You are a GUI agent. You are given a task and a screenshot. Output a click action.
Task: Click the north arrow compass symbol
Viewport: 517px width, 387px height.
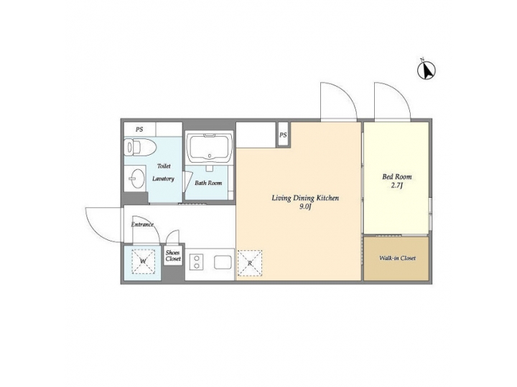tap(427, 70)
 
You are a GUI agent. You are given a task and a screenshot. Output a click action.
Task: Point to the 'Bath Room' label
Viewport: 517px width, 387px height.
tap(208, 183)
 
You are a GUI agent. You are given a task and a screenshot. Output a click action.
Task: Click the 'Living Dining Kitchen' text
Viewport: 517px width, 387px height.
tap(304, 198)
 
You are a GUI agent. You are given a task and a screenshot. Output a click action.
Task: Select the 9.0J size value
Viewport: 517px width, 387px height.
tap(305, 207)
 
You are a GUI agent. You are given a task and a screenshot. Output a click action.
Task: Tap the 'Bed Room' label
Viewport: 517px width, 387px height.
tap(397, 176)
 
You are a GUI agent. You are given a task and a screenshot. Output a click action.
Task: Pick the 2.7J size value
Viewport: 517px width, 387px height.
tap(397, 186)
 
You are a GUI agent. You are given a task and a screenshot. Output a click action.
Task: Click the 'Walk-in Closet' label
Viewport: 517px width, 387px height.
tap(397, 258)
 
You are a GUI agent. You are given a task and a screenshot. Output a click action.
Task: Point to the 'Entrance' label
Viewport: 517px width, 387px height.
tap(142, 224)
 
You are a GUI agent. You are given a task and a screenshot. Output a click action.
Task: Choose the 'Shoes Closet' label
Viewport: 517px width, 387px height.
tap(173, 255)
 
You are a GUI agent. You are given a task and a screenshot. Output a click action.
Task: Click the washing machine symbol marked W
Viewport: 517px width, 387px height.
tap(143, 262)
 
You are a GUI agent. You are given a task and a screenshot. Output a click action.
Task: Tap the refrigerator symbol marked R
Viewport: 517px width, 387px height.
tap(250, 262)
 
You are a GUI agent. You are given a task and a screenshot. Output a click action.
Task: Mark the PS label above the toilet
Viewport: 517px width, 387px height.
tap(139, 129)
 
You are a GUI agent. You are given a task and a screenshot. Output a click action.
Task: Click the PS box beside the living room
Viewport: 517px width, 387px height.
tap(283, 135)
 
